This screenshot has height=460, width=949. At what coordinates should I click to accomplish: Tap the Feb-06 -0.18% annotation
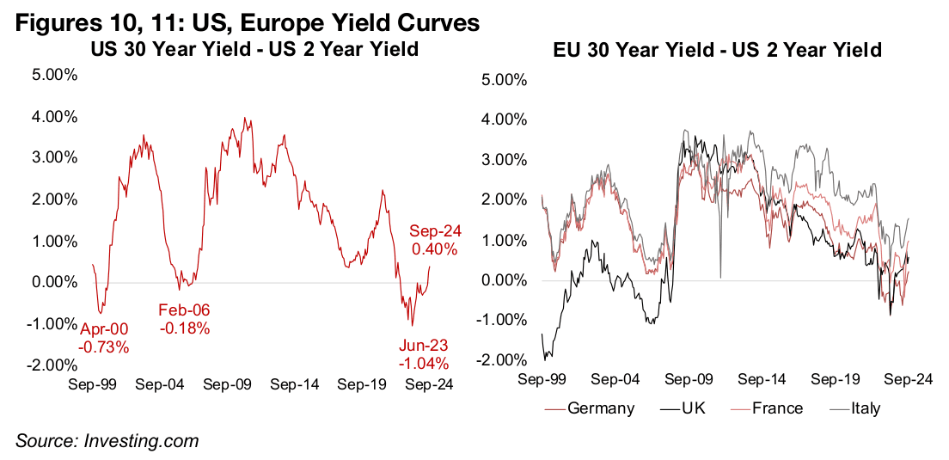coord(185,319)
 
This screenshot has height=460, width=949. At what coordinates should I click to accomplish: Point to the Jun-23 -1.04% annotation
coord(426,354)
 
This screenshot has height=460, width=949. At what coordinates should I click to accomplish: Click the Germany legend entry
coord(601,408)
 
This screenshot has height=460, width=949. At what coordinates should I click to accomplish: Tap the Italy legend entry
coord(860,408)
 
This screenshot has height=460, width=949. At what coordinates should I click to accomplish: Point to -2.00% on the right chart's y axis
coord(497,360)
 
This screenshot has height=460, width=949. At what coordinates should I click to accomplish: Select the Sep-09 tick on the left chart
coord(227,384)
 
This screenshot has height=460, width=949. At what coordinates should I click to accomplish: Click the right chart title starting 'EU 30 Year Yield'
coord(717,51)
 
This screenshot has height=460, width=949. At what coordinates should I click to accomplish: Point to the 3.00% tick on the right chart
coord(497,160)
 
